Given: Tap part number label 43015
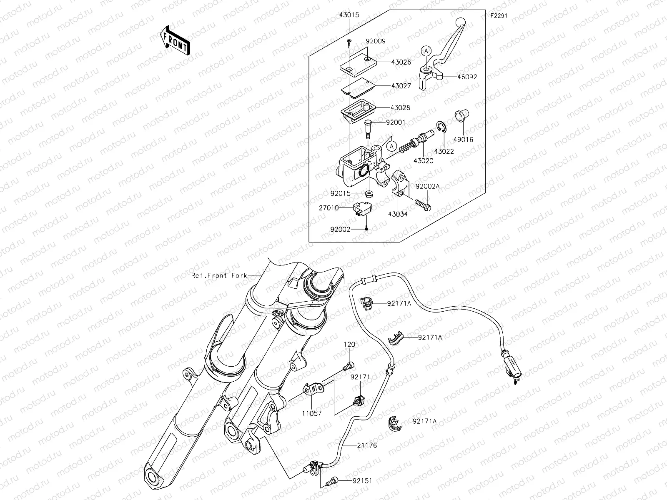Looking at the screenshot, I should coord(349,15).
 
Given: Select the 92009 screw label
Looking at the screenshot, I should coord(376,41).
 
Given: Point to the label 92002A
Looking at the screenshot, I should coord(427,187).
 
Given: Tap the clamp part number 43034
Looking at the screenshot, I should coord(398,214).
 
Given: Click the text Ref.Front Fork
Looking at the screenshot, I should coord(219,275).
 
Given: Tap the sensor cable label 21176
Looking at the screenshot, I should coord(367,445).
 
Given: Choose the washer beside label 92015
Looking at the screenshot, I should coord(369,194).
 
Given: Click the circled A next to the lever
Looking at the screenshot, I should coord(425,51).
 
